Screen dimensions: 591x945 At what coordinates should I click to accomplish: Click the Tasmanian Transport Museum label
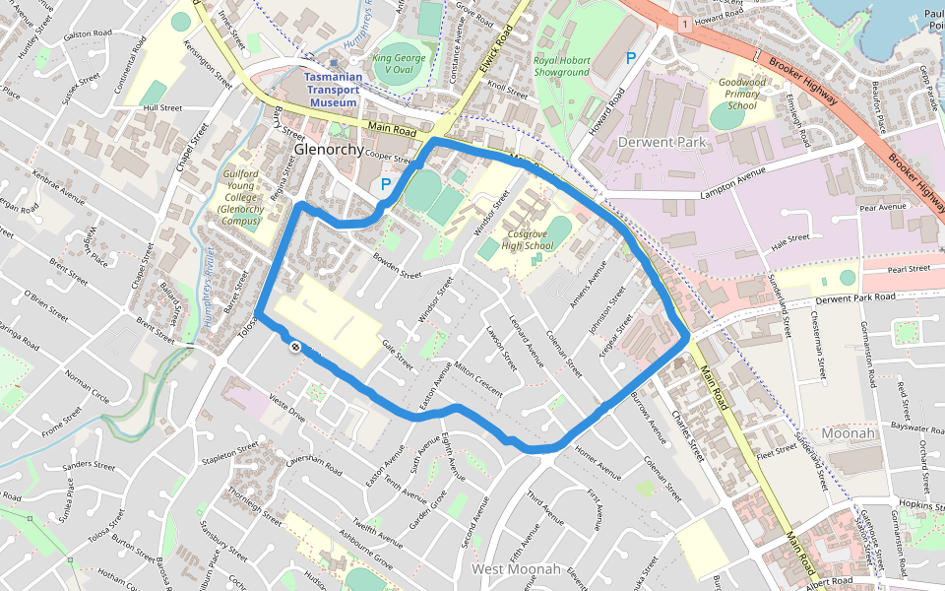coord(331,90)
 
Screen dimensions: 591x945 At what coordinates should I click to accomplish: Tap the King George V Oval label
coord(401,64)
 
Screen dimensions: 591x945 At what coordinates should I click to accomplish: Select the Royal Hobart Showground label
coord(562,66)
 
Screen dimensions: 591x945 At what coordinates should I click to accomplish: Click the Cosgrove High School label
coord(528,239)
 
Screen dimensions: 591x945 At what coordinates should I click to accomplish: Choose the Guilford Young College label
coord(240,198)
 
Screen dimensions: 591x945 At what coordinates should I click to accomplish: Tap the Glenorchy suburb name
coord(329,149)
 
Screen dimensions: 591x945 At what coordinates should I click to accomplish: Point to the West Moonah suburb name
coord(516,569)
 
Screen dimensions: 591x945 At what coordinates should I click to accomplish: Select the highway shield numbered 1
coord(682,23)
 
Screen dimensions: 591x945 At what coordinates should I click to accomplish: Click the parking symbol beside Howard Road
coord(630,58)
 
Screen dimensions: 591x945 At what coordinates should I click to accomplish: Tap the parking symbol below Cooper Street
coord(387,184)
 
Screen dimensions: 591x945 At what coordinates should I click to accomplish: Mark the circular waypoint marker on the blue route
coord(294,346)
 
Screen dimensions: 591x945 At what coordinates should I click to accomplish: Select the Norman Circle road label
coord(87,380)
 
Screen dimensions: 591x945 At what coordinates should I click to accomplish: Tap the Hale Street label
coord(790,238)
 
